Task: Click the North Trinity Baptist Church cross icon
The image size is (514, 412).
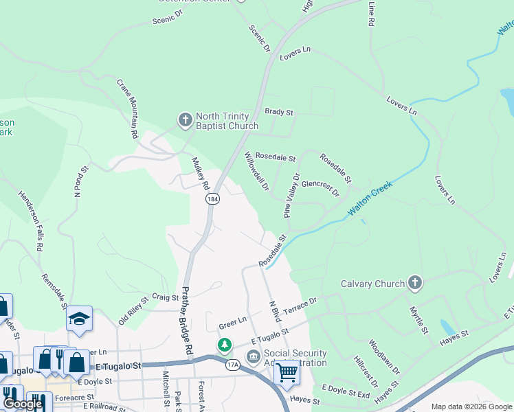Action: coord(185,121)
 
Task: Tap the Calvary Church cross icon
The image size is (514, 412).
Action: coord(414,282)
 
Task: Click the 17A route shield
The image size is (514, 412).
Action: coord(233,364)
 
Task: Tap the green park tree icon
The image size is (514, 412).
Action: coord(224,344)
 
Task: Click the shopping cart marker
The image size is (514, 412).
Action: coord(287,372)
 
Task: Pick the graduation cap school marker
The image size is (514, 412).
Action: coord(80,319)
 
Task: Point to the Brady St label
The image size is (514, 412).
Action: coord(279,112)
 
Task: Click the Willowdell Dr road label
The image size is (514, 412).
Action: coord(257,171)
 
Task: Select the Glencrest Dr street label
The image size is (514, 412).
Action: coord(320,188)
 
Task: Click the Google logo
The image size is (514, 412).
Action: coord(23,404)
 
